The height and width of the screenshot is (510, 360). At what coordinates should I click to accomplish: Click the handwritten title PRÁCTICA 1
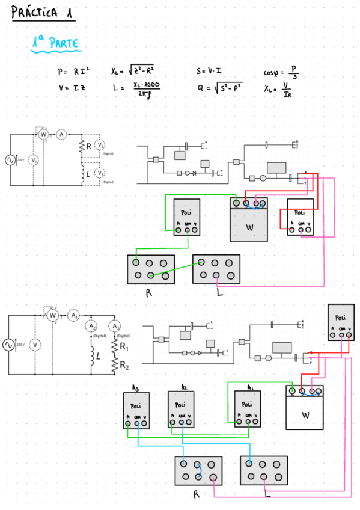coord(43,13)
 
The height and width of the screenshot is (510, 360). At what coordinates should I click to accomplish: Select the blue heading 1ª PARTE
coord(55,43)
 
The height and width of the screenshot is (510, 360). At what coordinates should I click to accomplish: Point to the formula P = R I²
coord(73,72)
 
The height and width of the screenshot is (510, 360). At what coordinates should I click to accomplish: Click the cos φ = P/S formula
coord(281,72)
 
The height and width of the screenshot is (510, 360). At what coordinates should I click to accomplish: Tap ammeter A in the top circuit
coord(61,135)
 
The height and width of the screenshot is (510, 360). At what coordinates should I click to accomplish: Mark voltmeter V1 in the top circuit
coord(34,160)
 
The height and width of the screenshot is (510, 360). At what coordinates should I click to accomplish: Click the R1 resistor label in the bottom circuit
coord(123,347)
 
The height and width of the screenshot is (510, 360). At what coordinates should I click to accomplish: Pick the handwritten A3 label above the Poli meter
coord(136,387)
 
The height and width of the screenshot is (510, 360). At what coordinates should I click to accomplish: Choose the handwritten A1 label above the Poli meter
coord(250,387)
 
